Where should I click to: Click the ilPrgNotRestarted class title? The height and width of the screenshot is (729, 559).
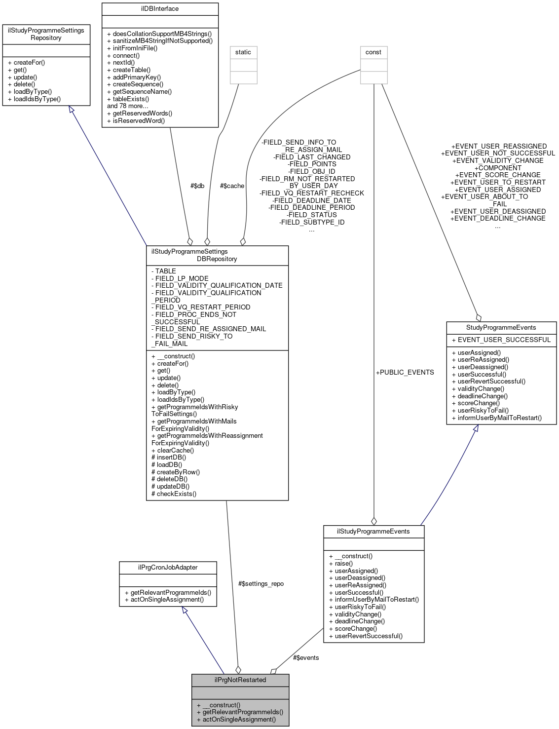click(240, 680)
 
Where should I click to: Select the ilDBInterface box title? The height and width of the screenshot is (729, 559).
click(160, 9)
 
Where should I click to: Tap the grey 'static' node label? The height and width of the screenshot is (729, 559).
click(243, 52)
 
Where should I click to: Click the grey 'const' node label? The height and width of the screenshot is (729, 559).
click(373, 52)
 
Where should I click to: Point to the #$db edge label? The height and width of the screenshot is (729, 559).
click(197, 186)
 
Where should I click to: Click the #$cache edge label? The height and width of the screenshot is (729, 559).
click(232, 186)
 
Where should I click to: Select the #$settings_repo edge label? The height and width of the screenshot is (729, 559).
click(261, 583)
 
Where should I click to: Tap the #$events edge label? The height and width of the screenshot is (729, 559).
click(305, 657)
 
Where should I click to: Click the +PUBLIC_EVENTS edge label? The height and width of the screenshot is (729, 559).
click(405, 372)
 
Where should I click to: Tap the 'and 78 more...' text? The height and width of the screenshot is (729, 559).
click(127, 106)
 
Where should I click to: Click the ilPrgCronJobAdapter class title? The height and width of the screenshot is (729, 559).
click(168, 567)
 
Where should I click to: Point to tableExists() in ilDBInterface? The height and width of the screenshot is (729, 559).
click(131, 99)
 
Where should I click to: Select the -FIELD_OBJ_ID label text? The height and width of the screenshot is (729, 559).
click(311, 171)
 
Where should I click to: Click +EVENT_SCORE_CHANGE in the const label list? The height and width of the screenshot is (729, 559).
click(497, 175)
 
